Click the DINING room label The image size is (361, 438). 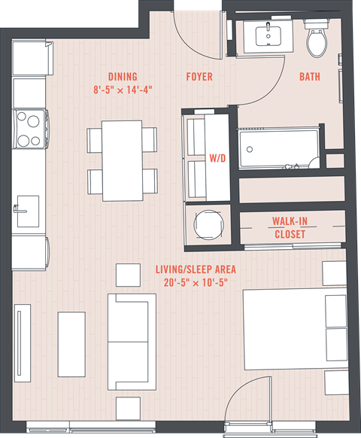(x=123, y=77)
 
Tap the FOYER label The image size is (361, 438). (x=199, y=77)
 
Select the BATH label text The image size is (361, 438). (x=310, y=77)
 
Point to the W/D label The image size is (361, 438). (x=217, y=158)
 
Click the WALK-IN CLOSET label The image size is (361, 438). (x=290, y=228)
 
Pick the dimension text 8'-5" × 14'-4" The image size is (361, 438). (x=123, y=90)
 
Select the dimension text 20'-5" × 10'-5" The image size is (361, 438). (x=196, y=283)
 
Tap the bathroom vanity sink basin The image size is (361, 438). (x=268, y=36)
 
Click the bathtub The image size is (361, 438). (x=279, y=149)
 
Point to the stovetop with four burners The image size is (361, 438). (x=30, y=129)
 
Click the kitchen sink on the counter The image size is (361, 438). (x=28, y=211)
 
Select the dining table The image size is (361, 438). (x=123, y=160)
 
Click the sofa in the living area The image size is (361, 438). (x=132, y=342)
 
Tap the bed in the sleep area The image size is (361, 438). (x=296, y=329)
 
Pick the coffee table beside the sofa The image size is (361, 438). (x=71, y=345)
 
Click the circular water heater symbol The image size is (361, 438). (x=208, y=225)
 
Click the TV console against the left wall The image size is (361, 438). (x=23, y=343)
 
